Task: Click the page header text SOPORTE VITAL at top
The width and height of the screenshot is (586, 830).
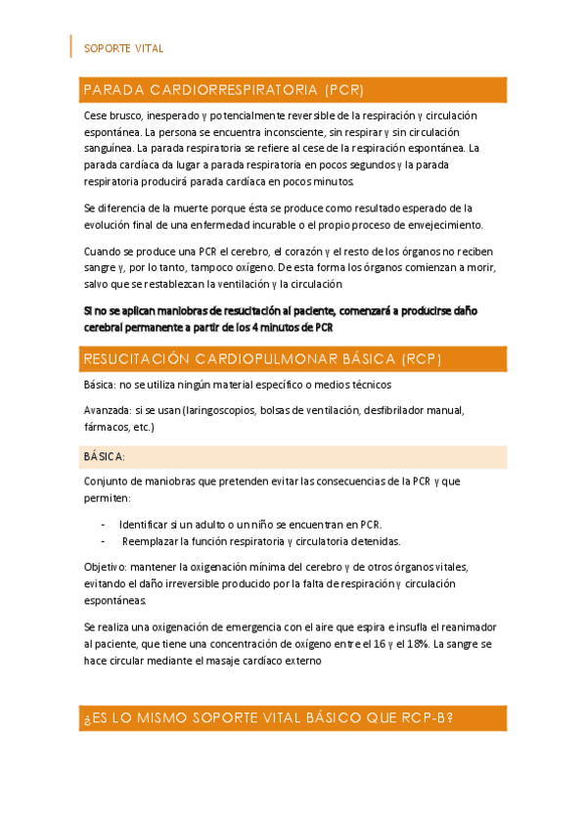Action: click(x=124, y=48)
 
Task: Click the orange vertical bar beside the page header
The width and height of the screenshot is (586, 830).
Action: click(x=71, y=46)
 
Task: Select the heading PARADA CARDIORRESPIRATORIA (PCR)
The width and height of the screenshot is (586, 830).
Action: click(x=224, y=90)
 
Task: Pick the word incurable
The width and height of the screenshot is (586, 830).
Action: click(x=277, y=223)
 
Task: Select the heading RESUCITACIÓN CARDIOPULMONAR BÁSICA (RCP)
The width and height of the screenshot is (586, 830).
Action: click(x=263, y=359)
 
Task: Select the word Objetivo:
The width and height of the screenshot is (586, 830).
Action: click(x=107, y=567)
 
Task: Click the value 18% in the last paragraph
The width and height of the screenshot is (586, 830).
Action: click(x=416, y=643)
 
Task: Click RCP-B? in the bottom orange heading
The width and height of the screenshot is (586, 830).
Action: click(x=427, y=718)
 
